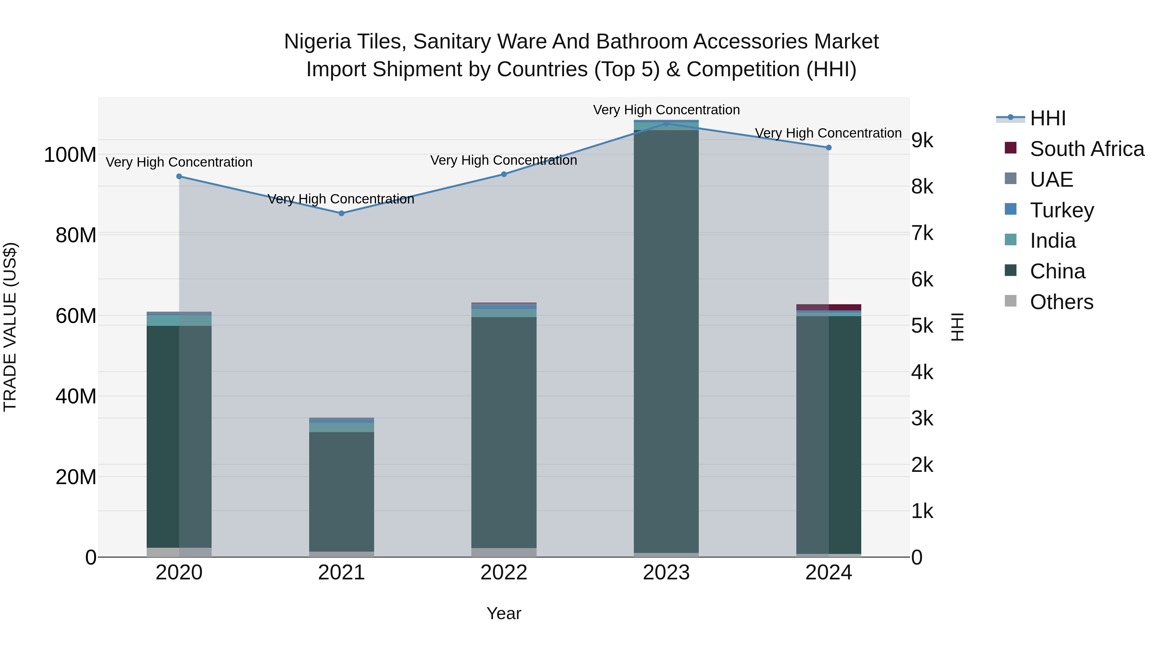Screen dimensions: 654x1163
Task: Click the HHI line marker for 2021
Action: [x=341, y=213]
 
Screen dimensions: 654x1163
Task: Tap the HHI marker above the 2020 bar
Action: [x=179, y=176]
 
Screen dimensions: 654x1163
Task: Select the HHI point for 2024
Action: [x=828, y=148]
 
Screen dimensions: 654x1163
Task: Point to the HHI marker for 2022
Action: [x=504, y=174]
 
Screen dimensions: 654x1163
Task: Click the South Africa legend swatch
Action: [x=1011, y=148]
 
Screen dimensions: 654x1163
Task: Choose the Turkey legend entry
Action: [x=1062, y=210]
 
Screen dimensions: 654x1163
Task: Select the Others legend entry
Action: [x=1062, y=302]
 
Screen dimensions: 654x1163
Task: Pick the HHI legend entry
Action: [x=1047, y=118]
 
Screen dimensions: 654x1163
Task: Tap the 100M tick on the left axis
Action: [x=70, y=155]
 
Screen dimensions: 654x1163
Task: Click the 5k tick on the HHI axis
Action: [x=922, y=326]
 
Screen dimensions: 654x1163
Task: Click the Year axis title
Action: [x=504, y=613]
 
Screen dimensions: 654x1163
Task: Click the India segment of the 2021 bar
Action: [x=341, y=427]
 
